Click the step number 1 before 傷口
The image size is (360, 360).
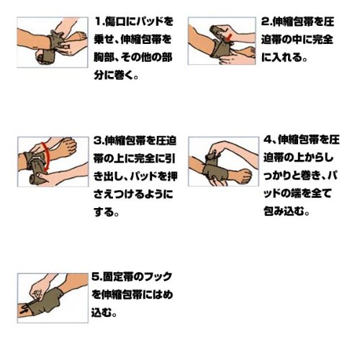(x=98, y=22)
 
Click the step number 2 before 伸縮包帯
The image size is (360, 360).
(x=265, y=22)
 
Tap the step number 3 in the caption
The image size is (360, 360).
(x=97, y=140)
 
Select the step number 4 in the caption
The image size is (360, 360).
(x=268, y=140)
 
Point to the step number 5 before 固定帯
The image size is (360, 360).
(x=95, y=276)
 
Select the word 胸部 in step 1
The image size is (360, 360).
(x=103, y=58)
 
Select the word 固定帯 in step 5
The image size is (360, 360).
(x=117, y=276)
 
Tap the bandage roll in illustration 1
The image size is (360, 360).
(x=45, y=58)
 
